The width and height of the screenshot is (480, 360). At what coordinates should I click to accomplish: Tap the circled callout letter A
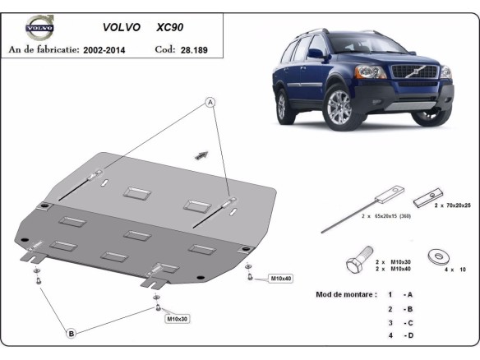(x=210, y=102)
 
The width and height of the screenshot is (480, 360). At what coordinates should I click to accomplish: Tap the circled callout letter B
(x=72, y=333)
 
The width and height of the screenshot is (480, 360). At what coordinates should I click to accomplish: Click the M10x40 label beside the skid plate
(x=281, y=279)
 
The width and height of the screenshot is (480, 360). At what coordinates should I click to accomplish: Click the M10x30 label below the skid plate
(x=178, y=318)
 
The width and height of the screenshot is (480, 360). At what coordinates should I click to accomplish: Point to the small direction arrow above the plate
(x=223, y=154)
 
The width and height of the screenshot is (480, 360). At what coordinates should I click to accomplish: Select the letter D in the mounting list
(x=408, y=336)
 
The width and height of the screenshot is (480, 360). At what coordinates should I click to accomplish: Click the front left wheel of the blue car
(x=337, y=107)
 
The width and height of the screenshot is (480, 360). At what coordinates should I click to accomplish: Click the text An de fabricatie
(x=43, y=50)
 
